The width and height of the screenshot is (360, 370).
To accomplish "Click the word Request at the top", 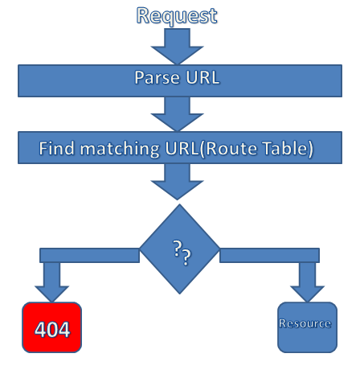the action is (177, 16).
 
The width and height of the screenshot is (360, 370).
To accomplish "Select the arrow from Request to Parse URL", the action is (177, 47).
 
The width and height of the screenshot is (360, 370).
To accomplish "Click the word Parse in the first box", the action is (157, 78).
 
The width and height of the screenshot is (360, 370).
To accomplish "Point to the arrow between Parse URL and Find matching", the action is (177, 114).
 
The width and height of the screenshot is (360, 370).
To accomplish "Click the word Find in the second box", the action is (56, 148).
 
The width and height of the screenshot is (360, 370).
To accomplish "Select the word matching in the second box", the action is (120, 149).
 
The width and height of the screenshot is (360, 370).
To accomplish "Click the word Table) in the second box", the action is (288, 149).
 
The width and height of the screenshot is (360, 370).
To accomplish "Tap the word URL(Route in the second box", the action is (211, 149).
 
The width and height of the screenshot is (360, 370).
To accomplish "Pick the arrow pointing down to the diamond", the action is (177, 182).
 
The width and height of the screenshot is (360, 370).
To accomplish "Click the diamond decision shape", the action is (179, 249).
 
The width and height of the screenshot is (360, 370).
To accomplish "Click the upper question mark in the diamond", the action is (177, 249).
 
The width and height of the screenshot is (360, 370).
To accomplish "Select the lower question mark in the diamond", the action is (186, 257).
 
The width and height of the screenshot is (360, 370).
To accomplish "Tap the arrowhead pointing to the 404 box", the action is (51, 294).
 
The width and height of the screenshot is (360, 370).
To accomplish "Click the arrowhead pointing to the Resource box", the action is (307, 294).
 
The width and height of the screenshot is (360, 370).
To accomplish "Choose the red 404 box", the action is (51, 327).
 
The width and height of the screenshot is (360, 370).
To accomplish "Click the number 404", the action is (52, 329).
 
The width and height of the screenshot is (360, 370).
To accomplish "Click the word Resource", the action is (305, 323).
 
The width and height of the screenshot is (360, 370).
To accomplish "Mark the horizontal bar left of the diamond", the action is (89, 255).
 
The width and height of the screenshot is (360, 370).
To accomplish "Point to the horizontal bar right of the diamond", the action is (269, 255).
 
